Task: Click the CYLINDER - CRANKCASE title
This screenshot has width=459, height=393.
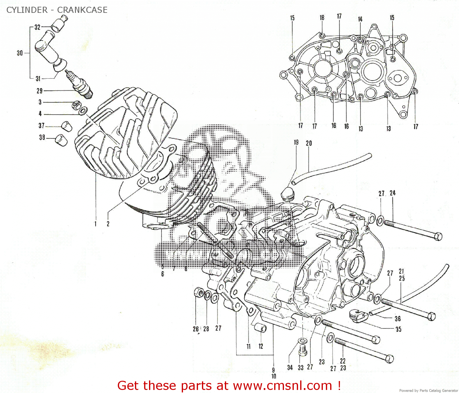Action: point(57,10)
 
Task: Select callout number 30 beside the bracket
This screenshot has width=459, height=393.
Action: point(20,53)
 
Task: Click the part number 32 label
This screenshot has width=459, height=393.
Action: point(37,27)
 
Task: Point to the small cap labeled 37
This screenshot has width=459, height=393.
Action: point(67,126)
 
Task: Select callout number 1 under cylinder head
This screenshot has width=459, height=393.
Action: point(95,224)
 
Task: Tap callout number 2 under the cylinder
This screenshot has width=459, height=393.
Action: point(108,224)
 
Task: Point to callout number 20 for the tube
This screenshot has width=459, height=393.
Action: point(309,143)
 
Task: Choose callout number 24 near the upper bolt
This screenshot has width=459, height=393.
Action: point(393,193)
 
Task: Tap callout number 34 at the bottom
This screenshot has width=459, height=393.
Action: point(290,367)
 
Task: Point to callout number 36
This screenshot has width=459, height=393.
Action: point(397,319)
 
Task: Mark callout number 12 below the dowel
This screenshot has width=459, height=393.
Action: point(261,346)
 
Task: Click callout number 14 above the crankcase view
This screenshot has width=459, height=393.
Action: point(360,19)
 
